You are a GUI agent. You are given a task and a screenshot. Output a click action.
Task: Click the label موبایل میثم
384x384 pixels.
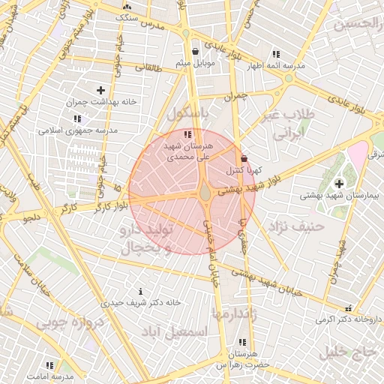point(195,63)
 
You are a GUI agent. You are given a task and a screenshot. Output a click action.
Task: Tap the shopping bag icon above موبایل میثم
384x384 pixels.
point(196,52)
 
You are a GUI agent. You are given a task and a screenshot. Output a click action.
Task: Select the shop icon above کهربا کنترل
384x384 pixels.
point(244,158)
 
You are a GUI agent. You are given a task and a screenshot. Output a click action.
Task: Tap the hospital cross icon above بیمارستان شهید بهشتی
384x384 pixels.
point(339,183)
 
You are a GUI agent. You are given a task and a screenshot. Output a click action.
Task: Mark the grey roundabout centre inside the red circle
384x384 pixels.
point(205,193)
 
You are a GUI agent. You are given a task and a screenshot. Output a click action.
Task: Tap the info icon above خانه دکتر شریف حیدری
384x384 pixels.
point(141,291)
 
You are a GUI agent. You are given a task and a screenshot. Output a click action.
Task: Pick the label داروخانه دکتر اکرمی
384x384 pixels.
point(348,319)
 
